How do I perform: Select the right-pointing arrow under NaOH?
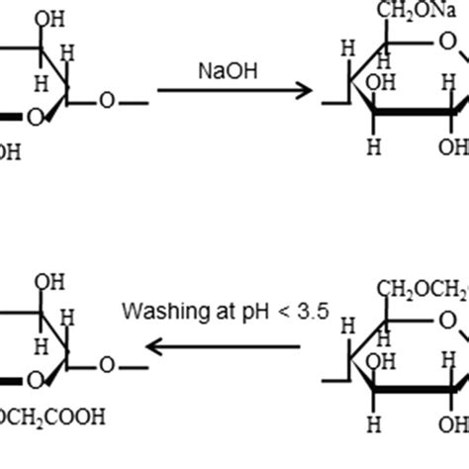click(x=233, y=92)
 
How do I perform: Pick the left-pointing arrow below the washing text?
click(x=223, y=346)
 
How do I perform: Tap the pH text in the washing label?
click(x=232, y=312)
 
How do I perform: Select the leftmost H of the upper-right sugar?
click(x=346, y=47)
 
